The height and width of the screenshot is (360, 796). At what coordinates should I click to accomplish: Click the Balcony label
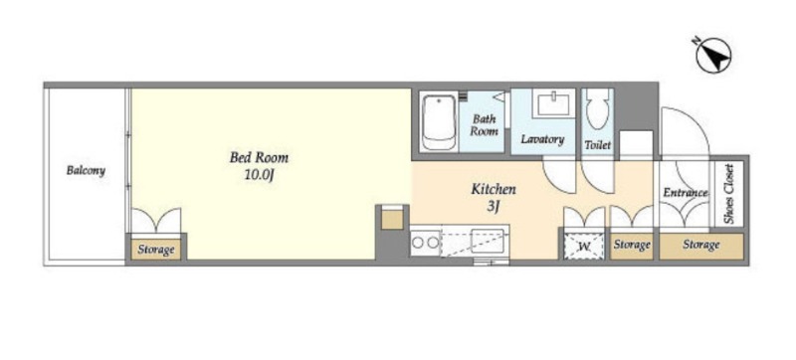[x=86, y=170]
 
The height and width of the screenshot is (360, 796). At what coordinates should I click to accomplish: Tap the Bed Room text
[x=259, y=157]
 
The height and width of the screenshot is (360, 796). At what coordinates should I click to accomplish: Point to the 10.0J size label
[x=260, y=175]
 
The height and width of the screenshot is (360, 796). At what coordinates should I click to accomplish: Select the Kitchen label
[x=494, y=190]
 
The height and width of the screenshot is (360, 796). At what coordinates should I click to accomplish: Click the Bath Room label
[x=484, y=125]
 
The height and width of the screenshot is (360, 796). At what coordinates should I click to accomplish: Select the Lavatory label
[x=542, y=139]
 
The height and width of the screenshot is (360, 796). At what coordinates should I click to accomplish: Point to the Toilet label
[x=598, y=145]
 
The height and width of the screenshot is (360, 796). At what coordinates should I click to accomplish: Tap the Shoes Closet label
[x=729, y=194]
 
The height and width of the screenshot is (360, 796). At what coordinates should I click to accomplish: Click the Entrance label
[x=686, y=193]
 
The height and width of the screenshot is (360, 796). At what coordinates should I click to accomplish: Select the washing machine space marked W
[x=584, y=247]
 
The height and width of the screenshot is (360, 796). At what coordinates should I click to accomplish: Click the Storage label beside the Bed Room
[x=156, y=250]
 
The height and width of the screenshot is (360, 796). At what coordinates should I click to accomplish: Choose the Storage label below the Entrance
[x=701, y=245]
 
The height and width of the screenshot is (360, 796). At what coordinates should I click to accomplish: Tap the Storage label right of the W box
[x=632, y=245]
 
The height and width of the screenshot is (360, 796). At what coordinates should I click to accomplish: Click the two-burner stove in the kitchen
[x=426, y=243]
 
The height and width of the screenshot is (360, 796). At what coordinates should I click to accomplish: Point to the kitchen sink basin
[x=488, y=241]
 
